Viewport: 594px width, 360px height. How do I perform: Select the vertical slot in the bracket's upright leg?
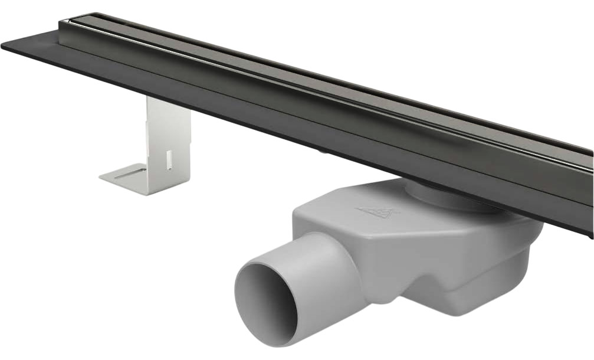click(x=169, y=159)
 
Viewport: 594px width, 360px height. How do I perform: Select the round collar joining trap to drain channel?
click(x=431, y=195)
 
